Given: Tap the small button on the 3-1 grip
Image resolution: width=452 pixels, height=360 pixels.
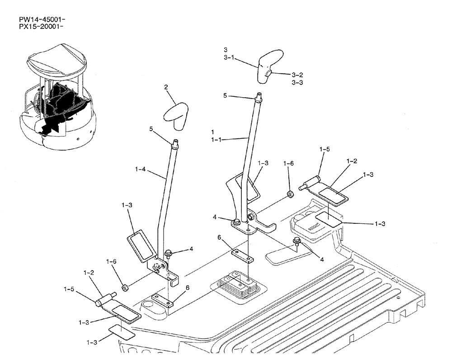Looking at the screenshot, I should click(268, 73).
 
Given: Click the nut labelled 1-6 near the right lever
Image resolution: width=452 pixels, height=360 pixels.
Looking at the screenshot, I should click(290, 195).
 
